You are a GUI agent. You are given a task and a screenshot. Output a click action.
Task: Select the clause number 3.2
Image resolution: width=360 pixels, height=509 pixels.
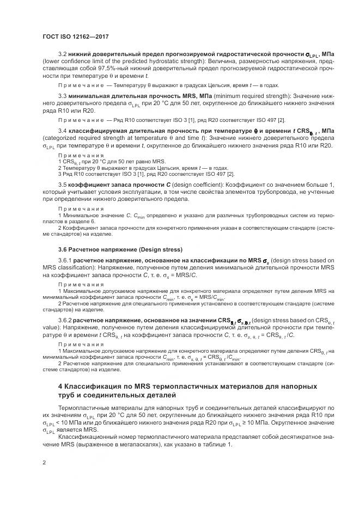62,54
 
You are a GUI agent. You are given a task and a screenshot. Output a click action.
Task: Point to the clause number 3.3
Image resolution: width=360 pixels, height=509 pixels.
62,96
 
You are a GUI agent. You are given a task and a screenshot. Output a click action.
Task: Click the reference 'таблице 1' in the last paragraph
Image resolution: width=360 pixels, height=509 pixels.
215,445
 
